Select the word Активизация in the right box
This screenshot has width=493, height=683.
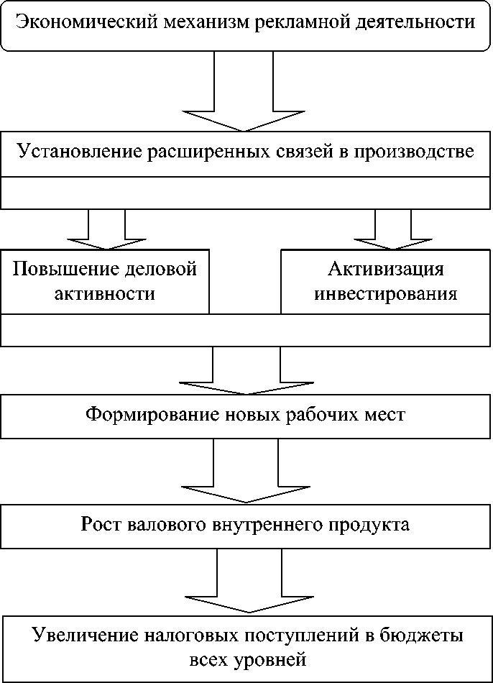(x=386, y=270)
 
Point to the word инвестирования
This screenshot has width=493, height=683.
(x=386, y=294)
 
